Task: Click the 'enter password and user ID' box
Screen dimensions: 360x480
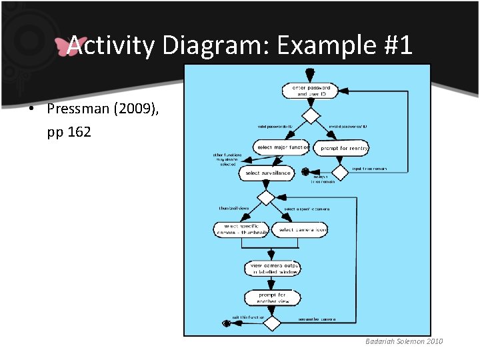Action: (x=307, y=91)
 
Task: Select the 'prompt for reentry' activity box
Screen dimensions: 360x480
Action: (x=344, y=147)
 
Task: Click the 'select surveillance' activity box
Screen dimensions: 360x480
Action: (x=268, y=173)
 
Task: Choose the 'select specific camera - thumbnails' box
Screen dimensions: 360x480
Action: (x=241, y=230)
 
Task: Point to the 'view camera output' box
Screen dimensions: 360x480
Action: (x=271, y=268)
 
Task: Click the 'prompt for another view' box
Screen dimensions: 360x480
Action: (x=271, y=297)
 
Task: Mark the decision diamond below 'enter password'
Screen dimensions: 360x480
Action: (x=311, y=116)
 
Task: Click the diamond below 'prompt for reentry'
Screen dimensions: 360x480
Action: (x=340, y=173)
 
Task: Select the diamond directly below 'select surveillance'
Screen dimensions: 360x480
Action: (x=267, y=197)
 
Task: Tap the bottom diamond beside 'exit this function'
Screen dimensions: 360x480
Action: (x=272, y=323)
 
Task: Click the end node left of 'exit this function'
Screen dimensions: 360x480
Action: (x=227, y=323)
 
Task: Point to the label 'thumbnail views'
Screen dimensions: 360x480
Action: (x=233, y=208)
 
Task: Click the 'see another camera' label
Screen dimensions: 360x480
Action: (x=317, y=320)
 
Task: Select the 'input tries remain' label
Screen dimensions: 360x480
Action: (x=369, y=169)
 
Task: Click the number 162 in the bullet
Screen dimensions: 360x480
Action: (x=79, y=133)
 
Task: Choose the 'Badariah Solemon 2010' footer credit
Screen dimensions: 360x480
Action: (x=403, y=341)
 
